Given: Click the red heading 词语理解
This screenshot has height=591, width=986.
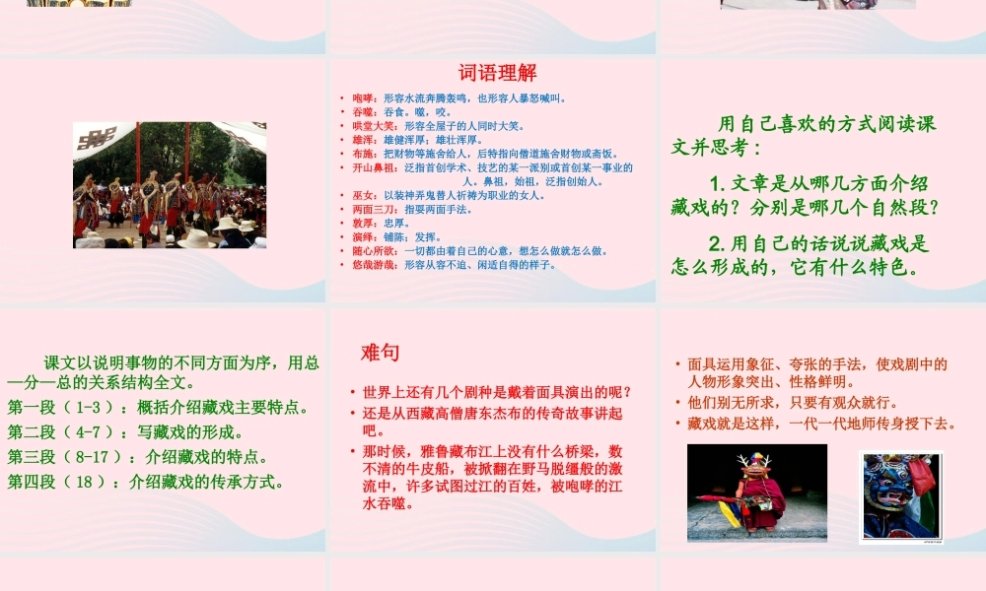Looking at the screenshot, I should pos(497,73).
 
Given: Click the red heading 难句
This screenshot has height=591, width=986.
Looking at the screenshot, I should pos(380,353).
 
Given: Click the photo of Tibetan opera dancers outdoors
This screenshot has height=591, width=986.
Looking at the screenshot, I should pos(169,184).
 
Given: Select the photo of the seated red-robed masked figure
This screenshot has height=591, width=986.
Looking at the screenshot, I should pos(757,492).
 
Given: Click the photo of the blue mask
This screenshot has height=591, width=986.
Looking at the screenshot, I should pos(899,495).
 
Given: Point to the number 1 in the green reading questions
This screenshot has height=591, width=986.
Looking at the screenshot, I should pos(717,183).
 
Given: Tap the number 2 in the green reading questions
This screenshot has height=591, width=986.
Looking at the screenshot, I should pos(717,243).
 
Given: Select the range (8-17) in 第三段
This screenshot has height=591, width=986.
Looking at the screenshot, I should pos(99,457).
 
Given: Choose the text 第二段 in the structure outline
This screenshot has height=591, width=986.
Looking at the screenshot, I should pos(31,432).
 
